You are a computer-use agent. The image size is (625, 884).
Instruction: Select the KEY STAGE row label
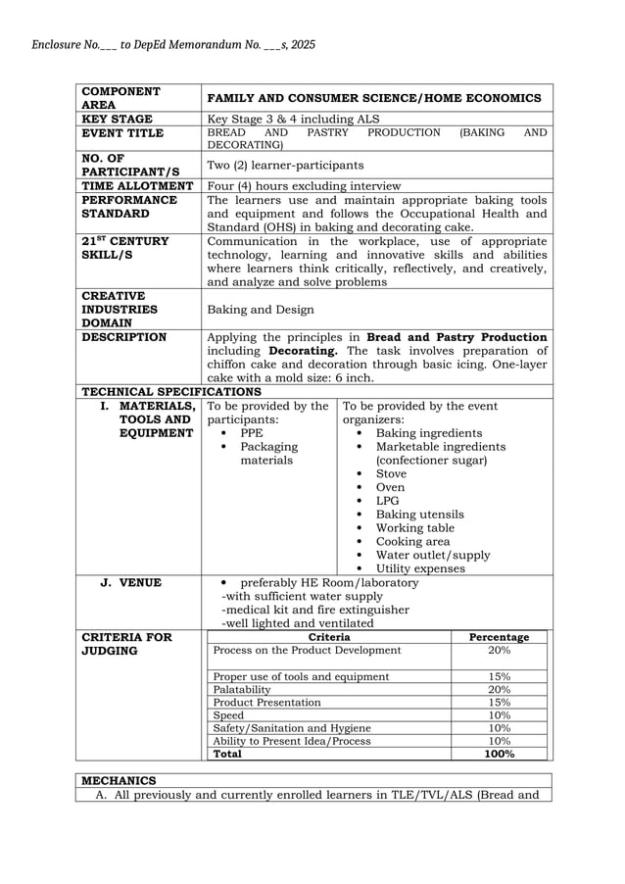coord(117,119)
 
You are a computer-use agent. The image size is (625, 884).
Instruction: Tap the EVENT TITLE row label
coord(122,133)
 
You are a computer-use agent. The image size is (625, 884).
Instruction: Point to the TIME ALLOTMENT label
coord(136,185)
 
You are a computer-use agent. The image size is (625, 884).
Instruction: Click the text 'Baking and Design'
coord(261,310)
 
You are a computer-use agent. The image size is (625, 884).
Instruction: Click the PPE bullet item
coord(252,431)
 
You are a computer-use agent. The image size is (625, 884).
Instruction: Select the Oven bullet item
coord(390,487)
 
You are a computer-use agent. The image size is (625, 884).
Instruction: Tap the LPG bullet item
coord(388,501)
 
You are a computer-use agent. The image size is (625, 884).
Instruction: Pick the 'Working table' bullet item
coord(415,527)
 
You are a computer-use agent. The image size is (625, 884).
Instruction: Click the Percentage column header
coord(499,637)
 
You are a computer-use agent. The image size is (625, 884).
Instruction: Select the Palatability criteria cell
coord(249,690)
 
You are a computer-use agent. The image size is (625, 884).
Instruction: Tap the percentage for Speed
coord(499,715)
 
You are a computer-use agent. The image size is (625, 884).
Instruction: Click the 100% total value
coord(499,755)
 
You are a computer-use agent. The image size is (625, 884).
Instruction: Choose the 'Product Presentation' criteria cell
coord(266,703)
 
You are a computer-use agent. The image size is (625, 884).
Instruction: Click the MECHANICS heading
coord(119,780)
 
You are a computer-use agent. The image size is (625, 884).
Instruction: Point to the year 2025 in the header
coord(303,45)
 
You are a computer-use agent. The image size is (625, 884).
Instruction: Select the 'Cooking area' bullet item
coord(413,541)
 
